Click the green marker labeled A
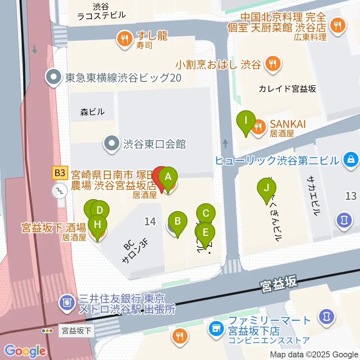pyautogui.click(x=168, y=176)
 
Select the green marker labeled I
pyautogui.click(x=246, y=121)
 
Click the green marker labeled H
pyautogui.click(x=97, y=225)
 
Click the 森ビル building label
pyautogui.click(x=92, y=112)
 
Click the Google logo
pyautogui.click(x=25, y=351)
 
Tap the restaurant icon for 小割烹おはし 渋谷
pyautogui.click(x=271, y=64)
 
